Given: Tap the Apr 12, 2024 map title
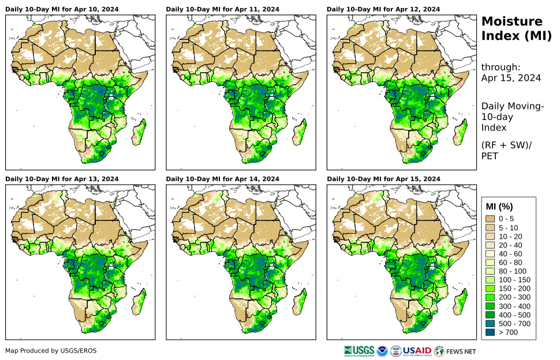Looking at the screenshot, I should click(x=383, y=9).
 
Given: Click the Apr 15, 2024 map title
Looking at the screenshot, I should click(x=383, y=179).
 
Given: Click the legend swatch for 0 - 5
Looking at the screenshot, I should click(x=491, y=219).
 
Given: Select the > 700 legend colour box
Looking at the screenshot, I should click(x=491, y=332).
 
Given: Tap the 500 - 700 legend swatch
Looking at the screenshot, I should click(x=491, y=324).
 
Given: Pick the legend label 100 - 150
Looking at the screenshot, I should click(x=513, y=280).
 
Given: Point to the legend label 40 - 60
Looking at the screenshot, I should click(x=511, y=254).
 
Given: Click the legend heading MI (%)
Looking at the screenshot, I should click(x=499, y=206).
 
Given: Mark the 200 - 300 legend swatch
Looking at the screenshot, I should click(x=491, y=297).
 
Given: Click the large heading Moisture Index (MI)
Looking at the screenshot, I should click(x=512, y=29).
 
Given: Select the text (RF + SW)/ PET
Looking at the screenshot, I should click(x=507, y=150).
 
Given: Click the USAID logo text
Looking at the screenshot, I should click(x=417, y=351).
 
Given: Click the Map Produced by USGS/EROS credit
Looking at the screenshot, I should click(x=51, y=351).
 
